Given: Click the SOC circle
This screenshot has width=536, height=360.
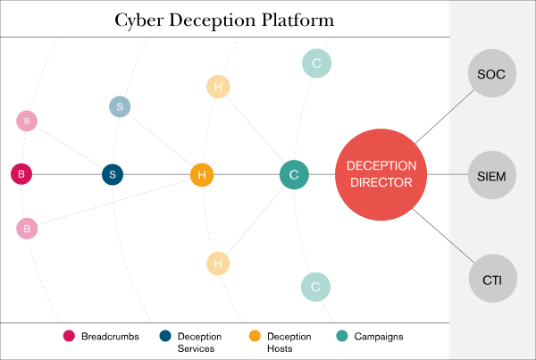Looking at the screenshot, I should pyautogui.click(x=491, y=74).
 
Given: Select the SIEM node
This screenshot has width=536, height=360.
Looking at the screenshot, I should pyautogui.click(x=491, y=175).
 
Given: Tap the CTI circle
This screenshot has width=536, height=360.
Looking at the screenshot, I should pyautogui.click(x=491, y=280).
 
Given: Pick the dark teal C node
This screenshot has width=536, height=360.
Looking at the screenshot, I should pyautogui.click(x=294, y=175).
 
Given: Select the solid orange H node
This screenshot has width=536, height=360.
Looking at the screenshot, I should pyautogui.click(x=203, y=175).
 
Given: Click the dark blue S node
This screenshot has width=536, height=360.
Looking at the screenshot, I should pyautogui.click(x=112, y=175).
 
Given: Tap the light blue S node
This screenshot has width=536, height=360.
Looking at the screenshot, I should pyautogui.click(x=120, y=107).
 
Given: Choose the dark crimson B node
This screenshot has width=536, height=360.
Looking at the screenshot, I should pyautogui.click(x=21, y=174).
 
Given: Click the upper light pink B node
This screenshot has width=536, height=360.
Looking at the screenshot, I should pyautogui.click(x=27, y=121).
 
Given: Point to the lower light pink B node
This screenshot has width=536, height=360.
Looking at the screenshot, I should pyautogui.click(x=27, y=229).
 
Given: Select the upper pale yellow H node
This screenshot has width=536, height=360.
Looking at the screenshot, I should pyautogui.click(x=218, y=87).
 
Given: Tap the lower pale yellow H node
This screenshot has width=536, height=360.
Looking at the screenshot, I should pyautogui.click(x=218, y=263).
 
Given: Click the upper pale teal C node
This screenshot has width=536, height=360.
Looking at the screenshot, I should pyautogui.click(x=316, y=63).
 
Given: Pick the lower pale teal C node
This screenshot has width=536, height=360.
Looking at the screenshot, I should pyautogui.click(x=315, y=287).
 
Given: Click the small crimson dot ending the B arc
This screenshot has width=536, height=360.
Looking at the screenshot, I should pyautogui.click(x=69, y=336).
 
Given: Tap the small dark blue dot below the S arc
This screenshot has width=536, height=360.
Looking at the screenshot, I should pyautogui.click(x=165, y=336).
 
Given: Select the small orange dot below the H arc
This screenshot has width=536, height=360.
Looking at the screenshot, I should pyautogui.click(x=255, y=336).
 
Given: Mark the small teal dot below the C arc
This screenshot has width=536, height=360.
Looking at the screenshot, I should pyautogui.click(x=342, y=336).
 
